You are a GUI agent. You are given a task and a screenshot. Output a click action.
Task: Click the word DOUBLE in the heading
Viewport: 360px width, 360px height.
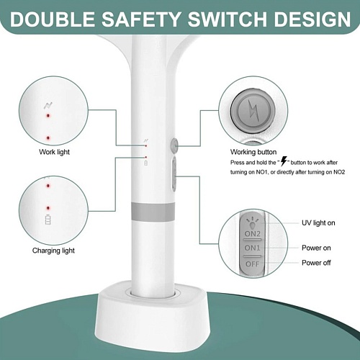(x=53, y=19)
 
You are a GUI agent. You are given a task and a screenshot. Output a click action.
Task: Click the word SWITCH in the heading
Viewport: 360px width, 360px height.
(x=227, y=19)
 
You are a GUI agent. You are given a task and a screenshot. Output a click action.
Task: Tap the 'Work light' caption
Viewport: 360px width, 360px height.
(x=55, y=152)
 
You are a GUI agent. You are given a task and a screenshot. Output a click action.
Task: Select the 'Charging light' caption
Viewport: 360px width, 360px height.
(x=53, y=251)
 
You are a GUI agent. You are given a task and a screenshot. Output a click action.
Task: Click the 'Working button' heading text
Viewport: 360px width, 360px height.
(x=253, y=152)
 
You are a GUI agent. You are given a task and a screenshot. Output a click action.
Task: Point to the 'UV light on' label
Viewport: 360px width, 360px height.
(x=318, y=223)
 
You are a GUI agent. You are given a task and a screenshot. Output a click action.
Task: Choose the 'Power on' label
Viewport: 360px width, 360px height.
(x=316, y=248)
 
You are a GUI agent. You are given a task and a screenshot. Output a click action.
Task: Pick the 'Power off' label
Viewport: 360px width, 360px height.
(x=316, y=263)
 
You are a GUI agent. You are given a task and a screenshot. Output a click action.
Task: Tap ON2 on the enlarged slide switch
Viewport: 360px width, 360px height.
(x=253, y=233)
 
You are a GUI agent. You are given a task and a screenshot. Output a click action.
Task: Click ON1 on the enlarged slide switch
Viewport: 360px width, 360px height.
(x=253, y=248)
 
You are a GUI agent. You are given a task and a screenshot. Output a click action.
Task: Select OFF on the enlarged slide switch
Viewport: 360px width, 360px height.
(x=253, y=264)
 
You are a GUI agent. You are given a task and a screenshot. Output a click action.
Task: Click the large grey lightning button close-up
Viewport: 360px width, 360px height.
(x=253, y=111)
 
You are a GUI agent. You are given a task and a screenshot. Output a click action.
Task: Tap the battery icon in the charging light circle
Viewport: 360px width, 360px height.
(x=48, y=220)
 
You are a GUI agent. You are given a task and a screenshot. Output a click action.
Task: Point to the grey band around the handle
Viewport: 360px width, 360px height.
(x=153, y=212)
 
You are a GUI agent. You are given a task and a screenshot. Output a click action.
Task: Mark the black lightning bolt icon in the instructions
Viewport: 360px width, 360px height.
(x=284, y=161)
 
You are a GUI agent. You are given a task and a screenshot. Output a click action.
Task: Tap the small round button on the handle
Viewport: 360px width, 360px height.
(x=174, y=145)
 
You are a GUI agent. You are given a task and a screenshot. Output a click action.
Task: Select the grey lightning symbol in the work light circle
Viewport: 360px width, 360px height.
(x=48, y=105)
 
